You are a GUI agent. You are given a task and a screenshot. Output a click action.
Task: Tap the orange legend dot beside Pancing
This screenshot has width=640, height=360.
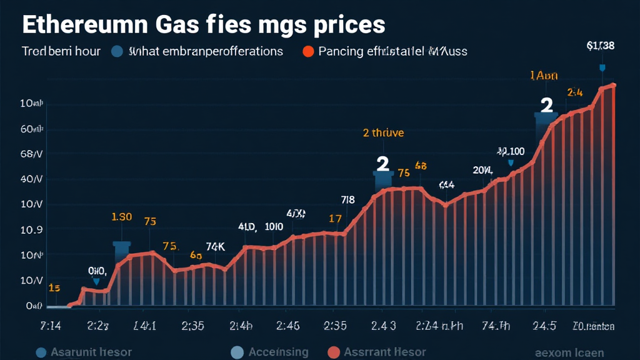[x=307, y=52]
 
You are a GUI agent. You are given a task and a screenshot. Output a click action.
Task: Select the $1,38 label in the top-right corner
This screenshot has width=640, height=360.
[x=600, y=45]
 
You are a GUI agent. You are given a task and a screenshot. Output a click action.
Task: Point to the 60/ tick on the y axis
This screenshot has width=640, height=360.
[x=31, y=129]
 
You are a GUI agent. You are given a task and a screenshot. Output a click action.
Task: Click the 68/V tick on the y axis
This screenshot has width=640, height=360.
[x=31, y=154]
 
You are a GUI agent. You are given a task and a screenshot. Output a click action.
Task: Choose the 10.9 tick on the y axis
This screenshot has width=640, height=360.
[x=31, y=230]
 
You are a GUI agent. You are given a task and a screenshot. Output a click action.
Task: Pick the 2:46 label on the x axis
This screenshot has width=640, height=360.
[x=287, y=326]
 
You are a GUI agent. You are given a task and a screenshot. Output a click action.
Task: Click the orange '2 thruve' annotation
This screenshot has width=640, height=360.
[x=383, y=132]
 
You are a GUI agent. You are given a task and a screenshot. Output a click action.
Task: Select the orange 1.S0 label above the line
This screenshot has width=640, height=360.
[x=121, y=217]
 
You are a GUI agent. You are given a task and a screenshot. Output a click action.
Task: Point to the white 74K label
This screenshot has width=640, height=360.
[x=215, y=246]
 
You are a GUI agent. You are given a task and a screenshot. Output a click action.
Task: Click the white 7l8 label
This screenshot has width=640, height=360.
[x=347, y=200]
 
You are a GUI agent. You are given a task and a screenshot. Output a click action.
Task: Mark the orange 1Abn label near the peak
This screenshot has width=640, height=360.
[x=543, y=76]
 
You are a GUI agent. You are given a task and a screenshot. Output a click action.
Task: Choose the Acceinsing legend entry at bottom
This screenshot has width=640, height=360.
[x=278, y=352]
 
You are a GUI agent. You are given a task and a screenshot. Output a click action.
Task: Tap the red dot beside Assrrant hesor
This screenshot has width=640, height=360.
[x=333, y=352]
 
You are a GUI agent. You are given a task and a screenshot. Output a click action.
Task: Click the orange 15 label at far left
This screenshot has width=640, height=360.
[x=54, y=288]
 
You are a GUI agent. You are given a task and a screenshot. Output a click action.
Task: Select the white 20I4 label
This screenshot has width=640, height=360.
[x=482, y=170]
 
